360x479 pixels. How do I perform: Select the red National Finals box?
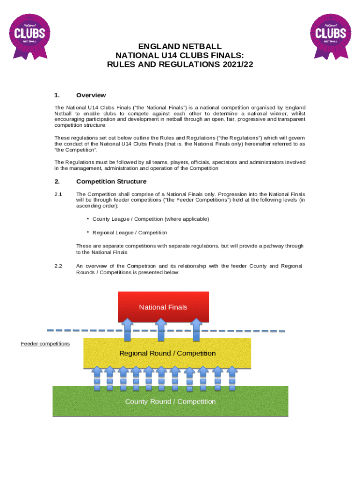[163, 307]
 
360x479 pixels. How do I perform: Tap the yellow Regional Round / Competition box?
[167, 353]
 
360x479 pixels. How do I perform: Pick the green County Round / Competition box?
[170, 401]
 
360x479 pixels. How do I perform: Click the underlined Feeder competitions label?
[45, 344]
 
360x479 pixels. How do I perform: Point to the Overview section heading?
[91, 95]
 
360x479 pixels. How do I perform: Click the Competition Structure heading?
[111, 181]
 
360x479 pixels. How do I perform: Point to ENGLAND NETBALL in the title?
[180, 47]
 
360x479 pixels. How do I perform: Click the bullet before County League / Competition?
[88, 218]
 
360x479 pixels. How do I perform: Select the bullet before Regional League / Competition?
[88, 232]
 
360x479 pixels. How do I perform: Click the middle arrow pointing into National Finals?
[161, 329]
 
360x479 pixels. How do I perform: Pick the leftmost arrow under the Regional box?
[97, 378]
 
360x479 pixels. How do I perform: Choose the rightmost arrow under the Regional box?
[232, 378]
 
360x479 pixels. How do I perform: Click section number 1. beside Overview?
[57, 95]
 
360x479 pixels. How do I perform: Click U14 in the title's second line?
[154, 56]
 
